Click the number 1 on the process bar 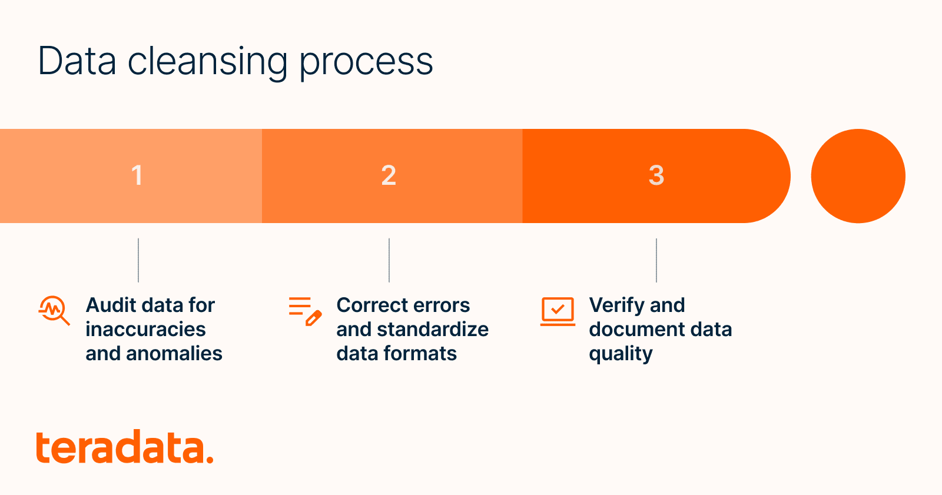[137, 175]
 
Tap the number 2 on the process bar [389, 175]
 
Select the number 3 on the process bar [656, 175]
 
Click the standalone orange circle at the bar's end [858, 176]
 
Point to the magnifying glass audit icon [54, 310]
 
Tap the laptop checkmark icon [558, 311]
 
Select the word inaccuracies [145, 329]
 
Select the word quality [621, 354]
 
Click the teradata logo [124, 448]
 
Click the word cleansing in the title [207, 62]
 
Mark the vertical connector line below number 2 [389, 260]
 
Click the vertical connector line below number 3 [656, 260]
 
